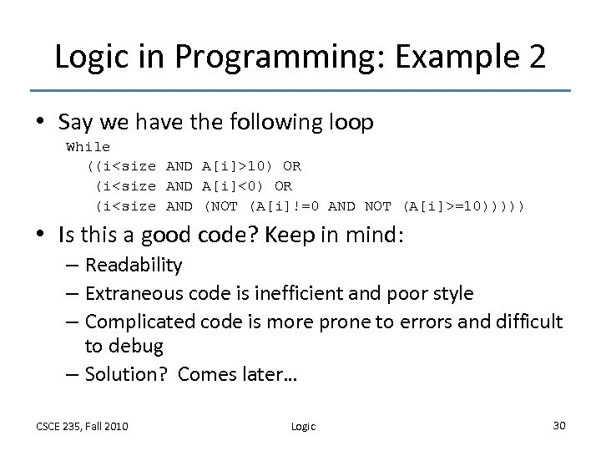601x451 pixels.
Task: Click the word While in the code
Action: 88,147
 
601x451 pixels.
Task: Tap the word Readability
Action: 134,266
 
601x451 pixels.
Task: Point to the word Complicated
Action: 143,322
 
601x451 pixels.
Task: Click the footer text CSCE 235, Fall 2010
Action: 82,426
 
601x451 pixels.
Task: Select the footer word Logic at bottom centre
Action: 303,426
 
